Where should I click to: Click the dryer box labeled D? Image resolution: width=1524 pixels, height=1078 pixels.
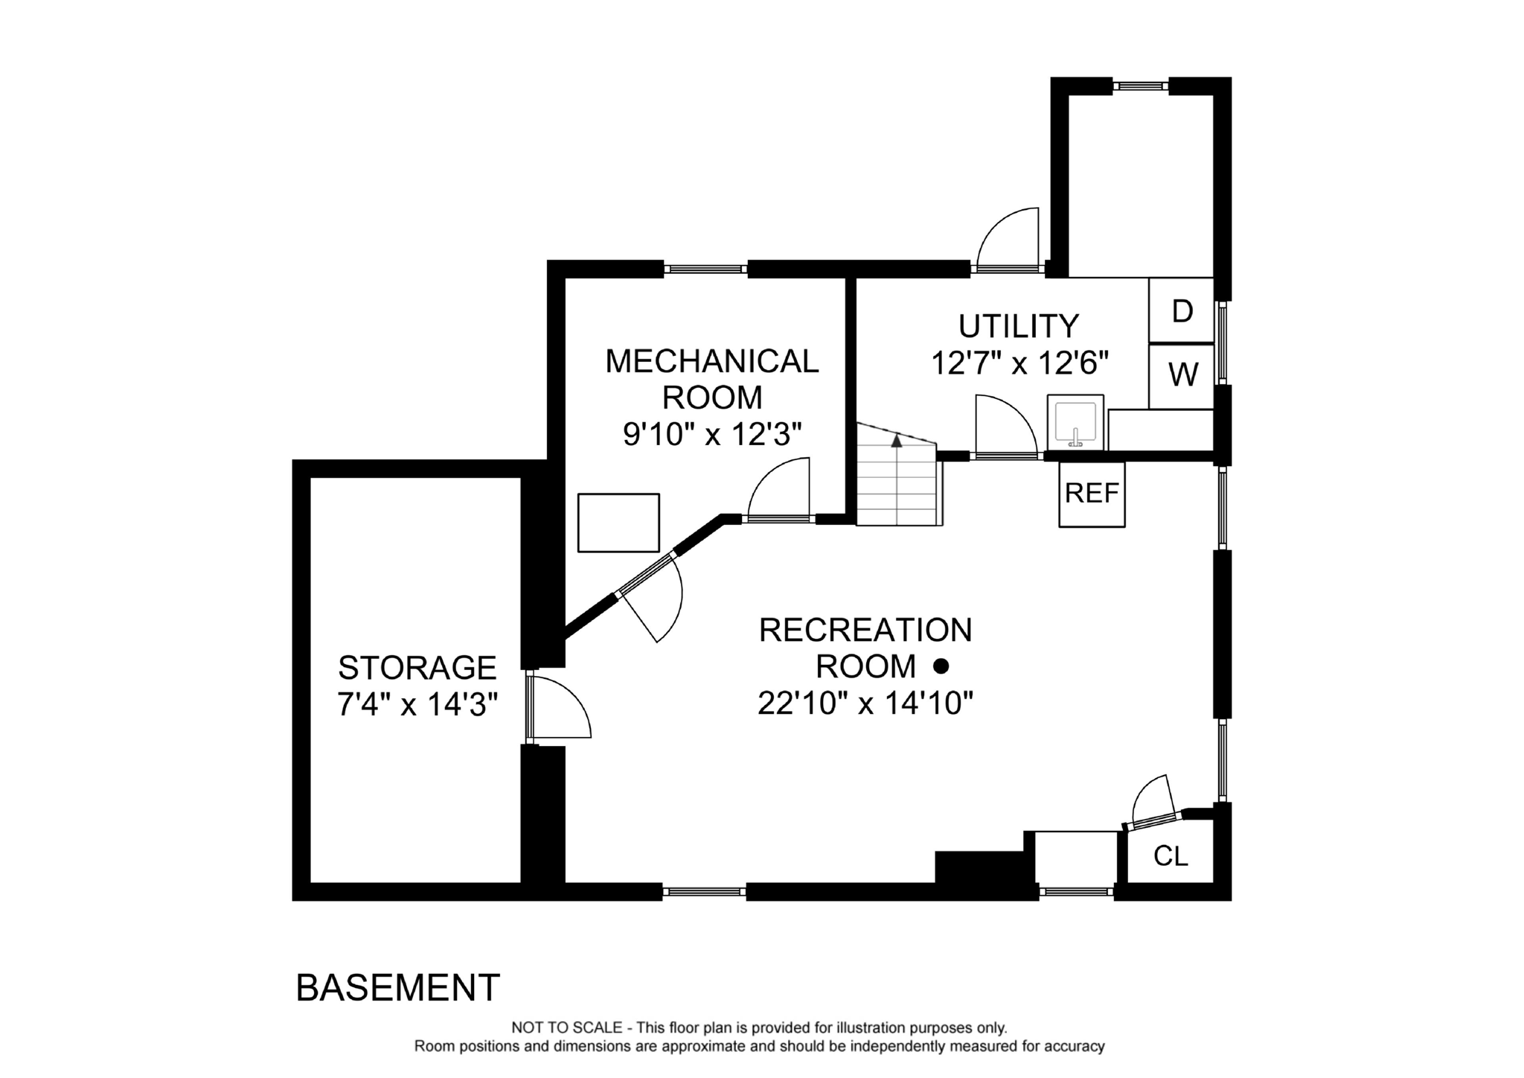click(1181, 310)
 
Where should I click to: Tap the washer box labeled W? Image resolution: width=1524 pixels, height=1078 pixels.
click(1182, 375)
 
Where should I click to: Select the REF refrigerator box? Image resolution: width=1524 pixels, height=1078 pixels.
click(1092, 494)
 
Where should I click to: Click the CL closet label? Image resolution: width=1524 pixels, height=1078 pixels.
click(1170, 856)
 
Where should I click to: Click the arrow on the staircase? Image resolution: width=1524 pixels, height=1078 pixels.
click(897, 441)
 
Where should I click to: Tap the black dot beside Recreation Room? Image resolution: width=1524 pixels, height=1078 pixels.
click(941, 666)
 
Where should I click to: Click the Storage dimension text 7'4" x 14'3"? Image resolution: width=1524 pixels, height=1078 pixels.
click(417, 704)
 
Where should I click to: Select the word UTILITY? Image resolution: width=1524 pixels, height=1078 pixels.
click(1018, 326)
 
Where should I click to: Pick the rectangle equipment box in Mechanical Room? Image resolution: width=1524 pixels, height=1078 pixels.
click(618, 523)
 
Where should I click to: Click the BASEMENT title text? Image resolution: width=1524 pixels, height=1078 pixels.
click(397, 988)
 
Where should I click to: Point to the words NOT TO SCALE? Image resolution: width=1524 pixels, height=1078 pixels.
click(566, 1028)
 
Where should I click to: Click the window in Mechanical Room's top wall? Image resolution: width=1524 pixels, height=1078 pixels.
click(705, 269)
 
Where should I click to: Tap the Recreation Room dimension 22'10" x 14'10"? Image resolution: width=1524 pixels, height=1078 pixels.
click(865, 703)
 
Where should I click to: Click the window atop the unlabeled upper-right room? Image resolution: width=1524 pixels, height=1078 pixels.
click(1140, 86)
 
